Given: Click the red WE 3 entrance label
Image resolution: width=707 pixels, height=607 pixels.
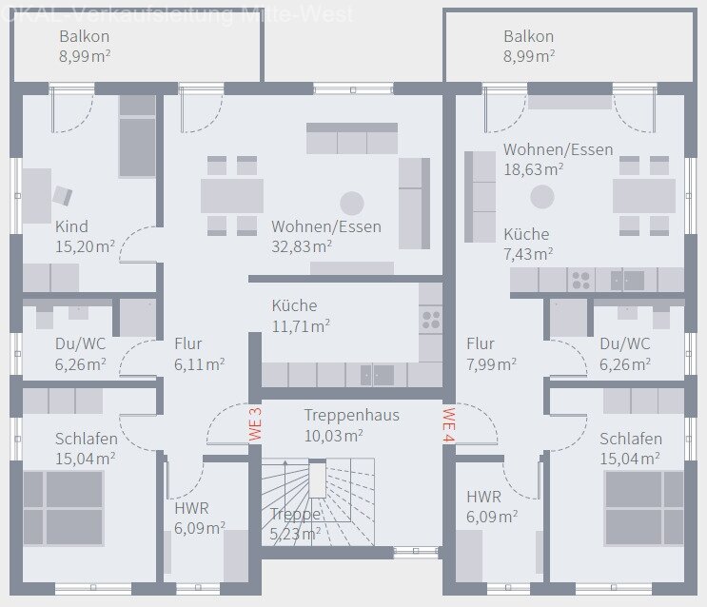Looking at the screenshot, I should tap(255, 423).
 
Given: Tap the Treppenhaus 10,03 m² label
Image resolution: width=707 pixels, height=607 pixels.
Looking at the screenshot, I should tap(351, 425).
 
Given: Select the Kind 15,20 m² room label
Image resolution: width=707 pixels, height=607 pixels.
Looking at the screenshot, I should tap(85, 236).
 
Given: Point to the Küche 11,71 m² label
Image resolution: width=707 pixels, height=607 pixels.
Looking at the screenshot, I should tap(300, 316).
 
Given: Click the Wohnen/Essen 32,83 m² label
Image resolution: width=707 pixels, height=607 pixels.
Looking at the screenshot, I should tap(326, 236).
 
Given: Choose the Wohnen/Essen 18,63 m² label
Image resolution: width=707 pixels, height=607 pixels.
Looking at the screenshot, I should tap(558, 159).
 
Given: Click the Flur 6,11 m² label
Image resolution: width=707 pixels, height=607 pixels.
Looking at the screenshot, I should tap(199, 353).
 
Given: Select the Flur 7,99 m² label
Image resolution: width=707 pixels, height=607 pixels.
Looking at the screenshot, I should tap(491, 353).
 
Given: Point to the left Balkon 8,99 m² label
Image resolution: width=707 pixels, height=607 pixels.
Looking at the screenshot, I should tap(85, 46).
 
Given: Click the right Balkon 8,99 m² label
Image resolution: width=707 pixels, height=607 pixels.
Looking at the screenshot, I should tap(529, 46).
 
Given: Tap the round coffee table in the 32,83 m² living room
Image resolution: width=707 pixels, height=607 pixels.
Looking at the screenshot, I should tap(352, 203).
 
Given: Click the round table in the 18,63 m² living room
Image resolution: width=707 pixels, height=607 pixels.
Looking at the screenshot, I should tap(542, 196).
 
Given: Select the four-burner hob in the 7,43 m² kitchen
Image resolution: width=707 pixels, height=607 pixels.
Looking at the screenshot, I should tap(579, 280).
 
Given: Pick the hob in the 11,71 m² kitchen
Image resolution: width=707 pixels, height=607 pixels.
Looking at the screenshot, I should tap(431, 320).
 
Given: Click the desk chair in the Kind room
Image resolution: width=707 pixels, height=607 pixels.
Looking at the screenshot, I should tap(62, 195).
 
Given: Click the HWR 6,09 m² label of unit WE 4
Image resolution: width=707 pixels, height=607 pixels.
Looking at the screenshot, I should tap(491, 506).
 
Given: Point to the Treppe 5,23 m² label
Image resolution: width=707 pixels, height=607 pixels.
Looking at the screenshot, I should tap(294, 523).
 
